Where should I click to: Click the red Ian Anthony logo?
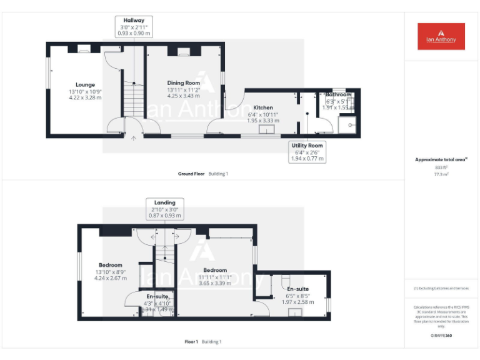point(441,36)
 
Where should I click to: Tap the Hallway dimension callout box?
point(134,27)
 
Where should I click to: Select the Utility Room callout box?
point(307,152)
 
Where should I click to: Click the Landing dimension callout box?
point(165,209)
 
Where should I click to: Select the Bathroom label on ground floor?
point(338,101)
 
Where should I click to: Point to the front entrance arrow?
point(133,139)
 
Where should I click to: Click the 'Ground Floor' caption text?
point(191,174)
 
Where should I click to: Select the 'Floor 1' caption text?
point(191,342)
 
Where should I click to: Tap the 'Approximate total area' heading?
point(441,159)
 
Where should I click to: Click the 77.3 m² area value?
point(441,175)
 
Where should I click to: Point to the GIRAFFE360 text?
point(441,336)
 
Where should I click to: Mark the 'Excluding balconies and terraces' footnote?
point(441,288)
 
